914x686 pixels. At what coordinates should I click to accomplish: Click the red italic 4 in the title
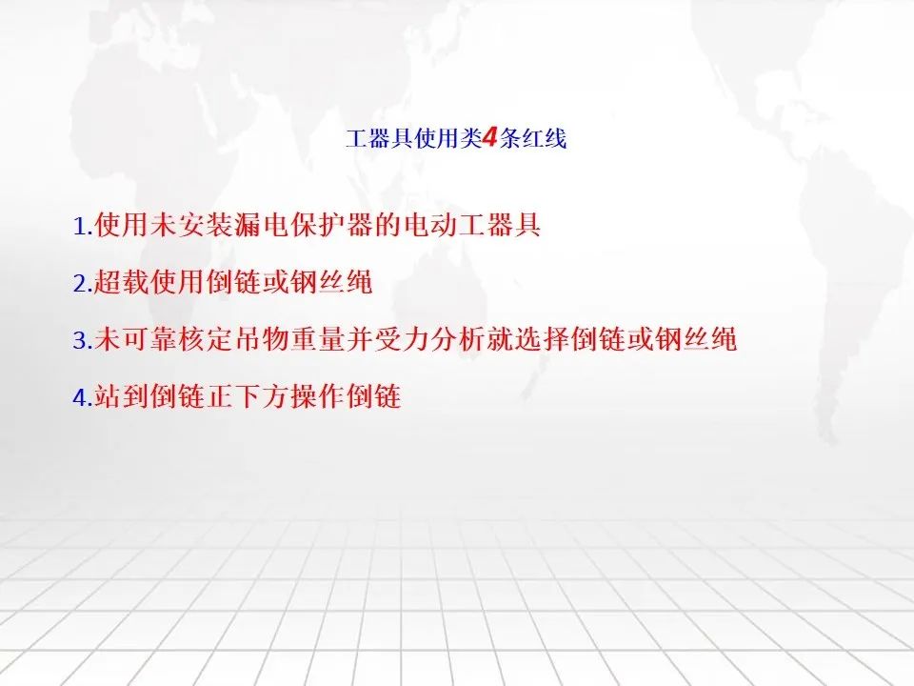click(x=489, y=138)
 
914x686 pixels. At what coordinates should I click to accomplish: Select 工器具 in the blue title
click(x=379, y=139)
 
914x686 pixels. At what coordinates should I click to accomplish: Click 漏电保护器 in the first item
click(x=305, y=225)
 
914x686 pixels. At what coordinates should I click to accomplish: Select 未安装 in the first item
click(x=192, y=225)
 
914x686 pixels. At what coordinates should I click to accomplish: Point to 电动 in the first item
click(x=430, y=225)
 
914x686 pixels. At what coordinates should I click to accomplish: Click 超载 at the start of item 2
click(x=122, y=282)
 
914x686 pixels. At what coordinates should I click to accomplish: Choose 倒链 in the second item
click(x=234, y=282)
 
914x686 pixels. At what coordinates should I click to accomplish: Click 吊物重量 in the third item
click(x=290, y=339)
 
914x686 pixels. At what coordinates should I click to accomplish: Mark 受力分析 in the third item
click(x=430, y=339)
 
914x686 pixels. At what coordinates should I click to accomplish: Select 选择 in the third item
click(x=542, y=339)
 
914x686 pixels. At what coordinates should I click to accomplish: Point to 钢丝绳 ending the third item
click(x=696, y=339)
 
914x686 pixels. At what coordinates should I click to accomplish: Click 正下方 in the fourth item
click(x=248, y=396)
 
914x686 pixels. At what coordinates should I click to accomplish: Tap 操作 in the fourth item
click(x=318, y=396)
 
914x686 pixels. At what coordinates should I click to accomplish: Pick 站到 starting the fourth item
click(x=122, y=396)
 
